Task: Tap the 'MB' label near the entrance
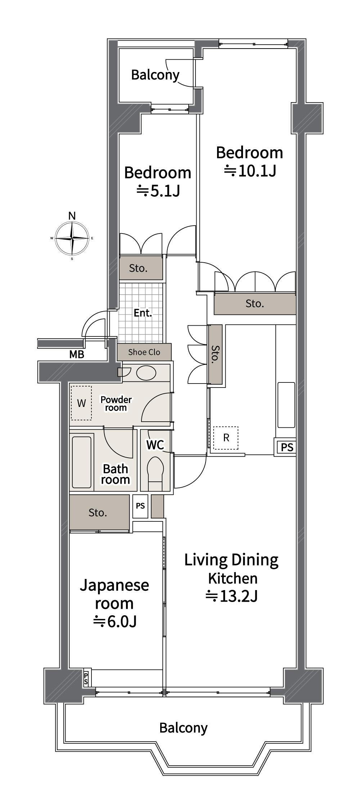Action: pyautogui.click(x=77, y=354)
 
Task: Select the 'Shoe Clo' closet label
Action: pyautogui.click(x=144, y=352)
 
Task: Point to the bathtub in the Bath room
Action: pyautogui.click(x=81, y=462)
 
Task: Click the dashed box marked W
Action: pyautogui.click(x=81, y=403)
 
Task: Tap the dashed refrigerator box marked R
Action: pyautogui.click(x=226, y=438)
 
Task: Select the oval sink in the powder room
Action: pyautogui.click(x=147, y=373)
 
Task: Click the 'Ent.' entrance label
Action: pyautogui.click(x=143, y=313)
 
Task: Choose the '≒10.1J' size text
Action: pyautogui.click(x=250, y=171)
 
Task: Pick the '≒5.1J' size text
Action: pyautogui.click(x=158, y=191)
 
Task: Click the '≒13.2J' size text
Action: pyautogui.click(x=231, y=596)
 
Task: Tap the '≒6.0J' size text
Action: pyautogui.click(x=114, y=621)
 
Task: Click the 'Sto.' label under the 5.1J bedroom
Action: pyautogui.click(x=138, y=268)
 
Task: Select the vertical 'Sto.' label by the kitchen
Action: pyautogui.click(x=215, y=354)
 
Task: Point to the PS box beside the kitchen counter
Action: pyautogui.click(x=287, y=447)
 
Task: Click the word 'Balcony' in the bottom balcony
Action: pyautogui.click(x=184, y=728)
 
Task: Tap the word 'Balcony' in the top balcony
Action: pyautogui.click(x=155, y=75)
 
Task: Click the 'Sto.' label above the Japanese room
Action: pyautogui.click(x=98, y=512)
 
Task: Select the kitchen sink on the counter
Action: pyautogui.click(x=286, y=405)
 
